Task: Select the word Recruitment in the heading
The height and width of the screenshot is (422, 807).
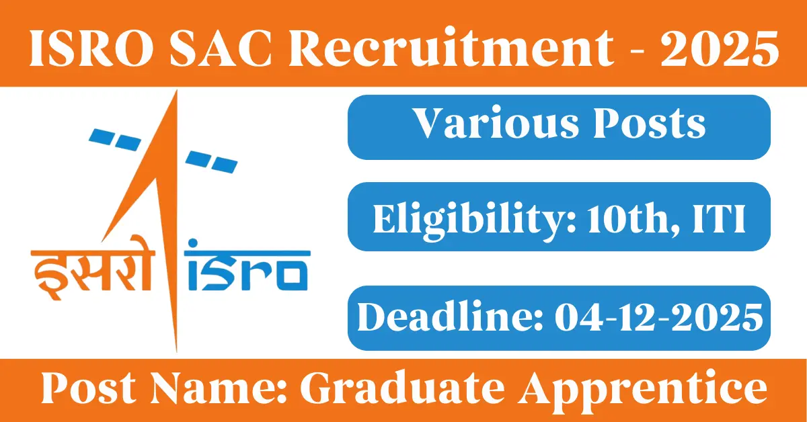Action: point(451,48)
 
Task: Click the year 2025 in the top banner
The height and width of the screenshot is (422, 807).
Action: point(720,48)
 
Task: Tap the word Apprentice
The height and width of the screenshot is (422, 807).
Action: point(643,388)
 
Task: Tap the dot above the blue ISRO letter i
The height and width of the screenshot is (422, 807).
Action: point(194,243)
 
